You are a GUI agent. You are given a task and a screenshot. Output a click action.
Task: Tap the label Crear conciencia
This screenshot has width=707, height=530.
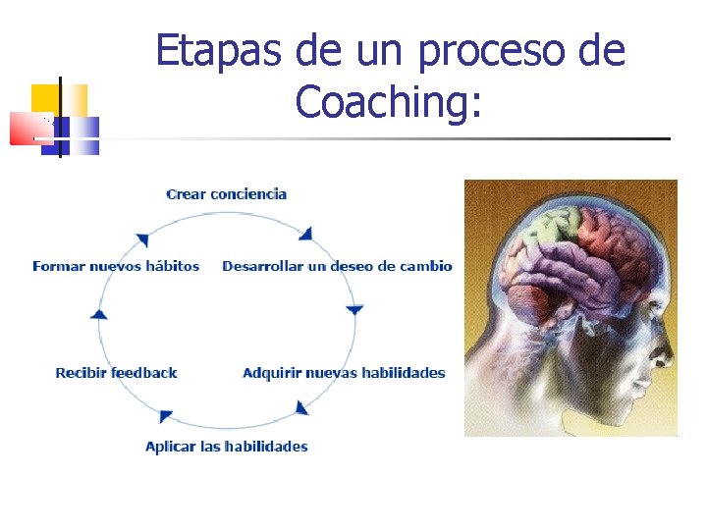[227, 194]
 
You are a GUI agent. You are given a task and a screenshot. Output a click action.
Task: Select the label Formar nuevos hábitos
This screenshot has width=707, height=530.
[116, 266]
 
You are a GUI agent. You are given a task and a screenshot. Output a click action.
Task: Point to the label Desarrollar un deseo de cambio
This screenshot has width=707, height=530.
[337, 266]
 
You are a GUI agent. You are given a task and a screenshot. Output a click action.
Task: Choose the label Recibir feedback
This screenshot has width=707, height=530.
[116, 373]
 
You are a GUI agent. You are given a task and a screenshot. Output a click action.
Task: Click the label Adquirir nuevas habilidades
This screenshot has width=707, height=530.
[344, 373]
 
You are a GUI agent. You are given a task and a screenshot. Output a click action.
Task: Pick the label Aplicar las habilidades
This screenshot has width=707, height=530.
[227, 447]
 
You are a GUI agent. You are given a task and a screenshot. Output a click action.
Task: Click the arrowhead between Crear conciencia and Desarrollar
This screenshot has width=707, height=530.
[306, 234]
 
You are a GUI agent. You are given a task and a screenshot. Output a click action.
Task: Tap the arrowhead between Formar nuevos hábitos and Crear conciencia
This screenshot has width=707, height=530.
[142, 238]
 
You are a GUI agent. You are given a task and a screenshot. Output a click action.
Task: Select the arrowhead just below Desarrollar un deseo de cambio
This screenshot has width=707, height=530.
[354, 309]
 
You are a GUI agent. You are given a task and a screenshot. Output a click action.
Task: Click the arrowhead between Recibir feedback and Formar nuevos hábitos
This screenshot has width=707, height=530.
[98, 314]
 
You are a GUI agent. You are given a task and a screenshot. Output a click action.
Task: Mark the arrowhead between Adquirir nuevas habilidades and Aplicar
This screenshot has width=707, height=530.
[301, 406]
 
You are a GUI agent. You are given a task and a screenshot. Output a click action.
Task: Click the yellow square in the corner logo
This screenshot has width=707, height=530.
[46, 98]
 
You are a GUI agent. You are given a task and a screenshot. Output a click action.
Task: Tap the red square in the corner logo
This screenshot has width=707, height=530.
[24, 129]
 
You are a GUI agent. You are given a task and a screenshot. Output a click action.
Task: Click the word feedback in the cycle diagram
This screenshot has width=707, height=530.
[144, 373]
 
